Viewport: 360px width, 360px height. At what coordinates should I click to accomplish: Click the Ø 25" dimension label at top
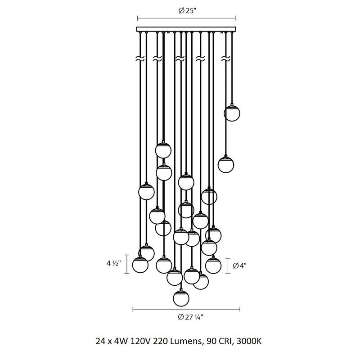click(x=187, y=11)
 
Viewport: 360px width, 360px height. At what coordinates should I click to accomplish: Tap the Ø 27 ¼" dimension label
click(x=190, y=317)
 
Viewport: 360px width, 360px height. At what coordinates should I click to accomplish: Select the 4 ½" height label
click(x=113, y=263)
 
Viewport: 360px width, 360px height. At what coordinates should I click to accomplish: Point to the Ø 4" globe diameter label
click(x=240, y=265)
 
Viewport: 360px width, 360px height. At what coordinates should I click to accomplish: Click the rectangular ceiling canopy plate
click(x=186, y=29)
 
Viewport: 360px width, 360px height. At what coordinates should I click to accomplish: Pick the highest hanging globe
click(x=232, y=113)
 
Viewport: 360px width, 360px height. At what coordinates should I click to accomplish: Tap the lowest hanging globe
click(x=181, y=298)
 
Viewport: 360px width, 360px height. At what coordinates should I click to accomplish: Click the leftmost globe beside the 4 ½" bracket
click(x=140, y=265)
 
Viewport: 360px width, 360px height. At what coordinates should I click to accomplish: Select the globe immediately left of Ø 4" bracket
click(x=213, y=265)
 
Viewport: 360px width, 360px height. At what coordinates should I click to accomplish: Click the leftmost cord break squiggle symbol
click(x=140, y=59)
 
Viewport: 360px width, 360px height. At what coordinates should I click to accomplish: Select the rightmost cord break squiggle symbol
click(x=226, y=59)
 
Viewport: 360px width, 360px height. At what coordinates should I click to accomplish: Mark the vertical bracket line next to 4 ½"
click(x=127, y=264)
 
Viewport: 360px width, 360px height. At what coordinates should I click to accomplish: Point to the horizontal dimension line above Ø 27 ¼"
click(x=186, y=309)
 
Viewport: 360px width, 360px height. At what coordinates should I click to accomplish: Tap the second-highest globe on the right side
click(x=226, y=164)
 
